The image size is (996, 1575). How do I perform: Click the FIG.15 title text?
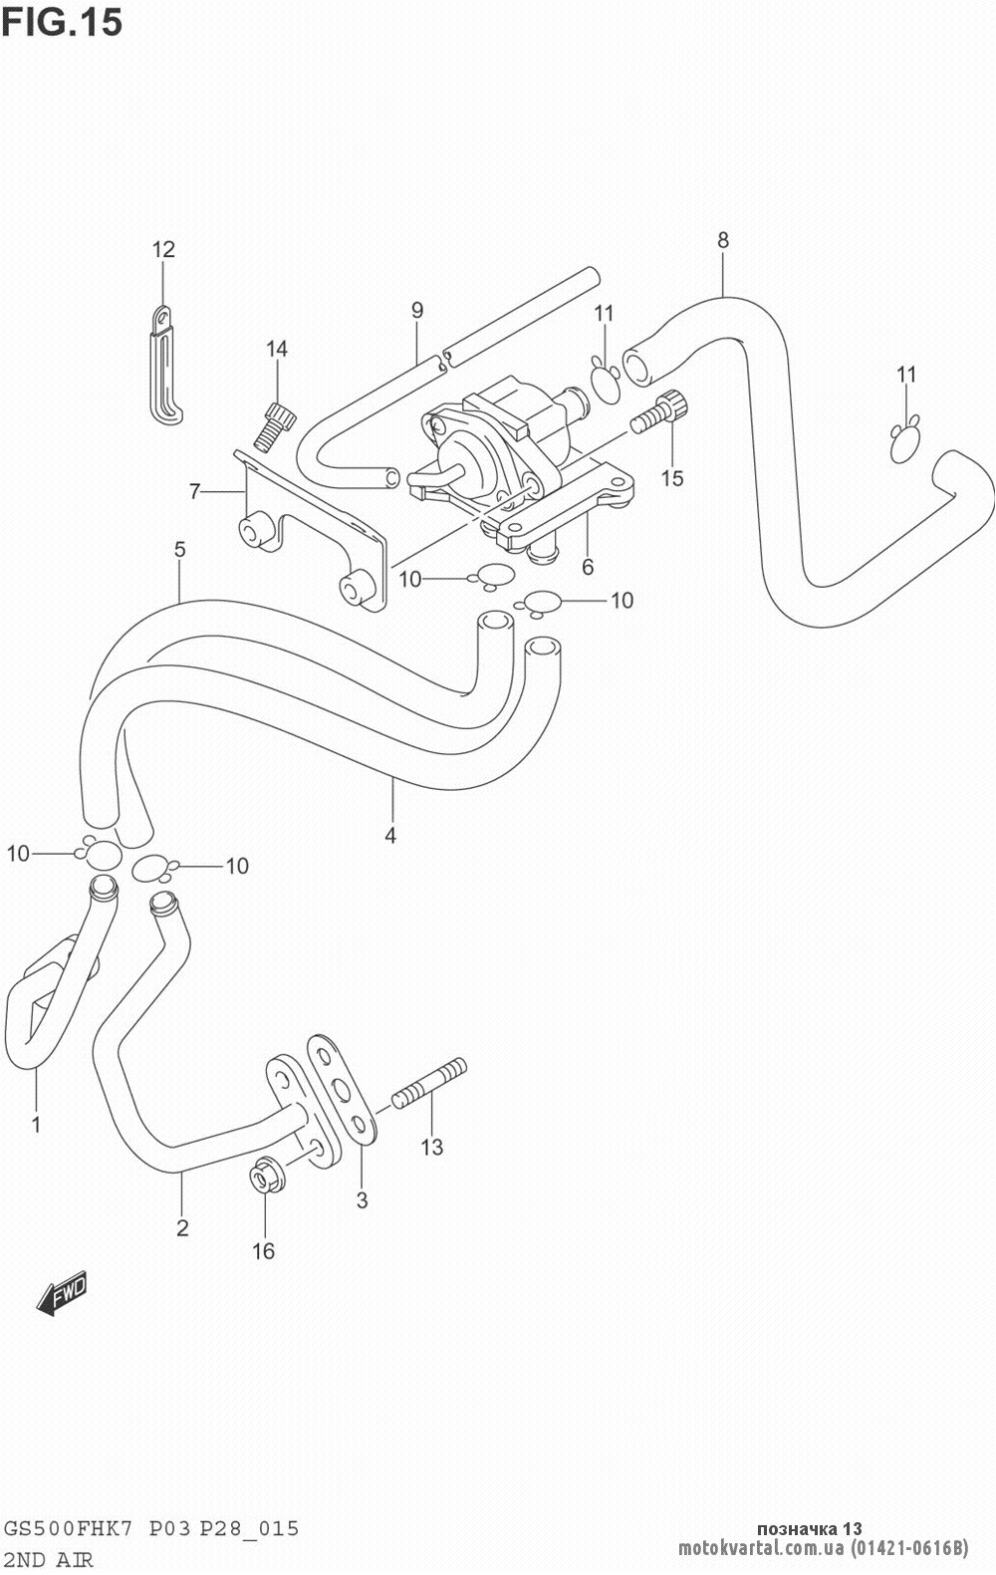pyautogui.click(x=62, y=21)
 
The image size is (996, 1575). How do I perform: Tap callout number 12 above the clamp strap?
pyautogui.click(x=163, y=249)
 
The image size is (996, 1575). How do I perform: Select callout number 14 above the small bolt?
pyautogui.click(x=277, y=349)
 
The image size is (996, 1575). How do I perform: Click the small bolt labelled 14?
pyautogui.click(x=273, y=424)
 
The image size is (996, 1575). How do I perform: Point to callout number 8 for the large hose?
pyautogui.click(x=722, y=239)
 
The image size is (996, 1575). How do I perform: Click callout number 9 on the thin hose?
pyautogui.click(x=417, y=310)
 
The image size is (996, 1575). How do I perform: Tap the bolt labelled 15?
pyautogui.click(x=658, y=410)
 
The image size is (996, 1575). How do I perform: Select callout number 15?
pyautogui.click(x=672, y=478)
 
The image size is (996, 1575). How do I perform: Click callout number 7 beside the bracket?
pyautogui.click(x=195, y=490)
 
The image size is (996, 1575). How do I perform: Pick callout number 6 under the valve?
pyautogui.click(x=588, y=567)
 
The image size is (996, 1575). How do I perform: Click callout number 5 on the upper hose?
pyautogui.click(x=179, y=548)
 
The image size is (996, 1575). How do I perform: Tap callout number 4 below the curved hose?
pyautogui.click(x=390, y=836)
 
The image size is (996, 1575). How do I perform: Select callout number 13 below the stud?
pyautogui.click(x=430, y=1148)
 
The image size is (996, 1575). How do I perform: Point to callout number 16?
pyautogui.click(x=263, y=1251)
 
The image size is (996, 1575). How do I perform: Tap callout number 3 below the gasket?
pyautogui.click(x=362, y=1200)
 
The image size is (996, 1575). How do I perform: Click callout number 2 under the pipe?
pyautogui.click(x=182, y=1227)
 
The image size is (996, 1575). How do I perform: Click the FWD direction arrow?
pyautogui.click(x=63, y=1294)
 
